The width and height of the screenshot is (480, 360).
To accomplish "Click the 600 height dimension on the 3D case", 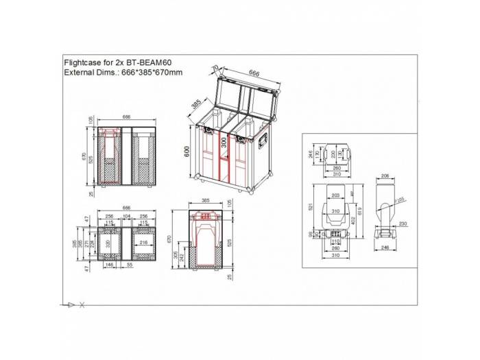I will (187, 152).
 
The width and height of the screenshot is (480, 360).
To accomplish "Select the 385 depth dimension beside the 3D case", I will (196, 104).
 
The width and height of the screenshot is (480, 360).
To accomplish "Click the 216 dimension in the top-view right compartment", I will (143, 243).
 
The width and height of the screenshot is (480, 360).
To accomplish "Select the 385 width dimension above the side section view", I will (206, 202).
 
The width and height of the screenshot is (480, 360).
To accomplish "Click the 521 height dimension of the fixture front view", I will (310, 207).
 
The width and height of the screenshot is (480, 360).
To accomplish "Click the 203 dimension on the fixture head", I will (335, 196).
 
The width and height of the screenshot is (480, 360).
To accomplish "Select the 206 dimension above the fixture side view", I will (385, 176).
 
